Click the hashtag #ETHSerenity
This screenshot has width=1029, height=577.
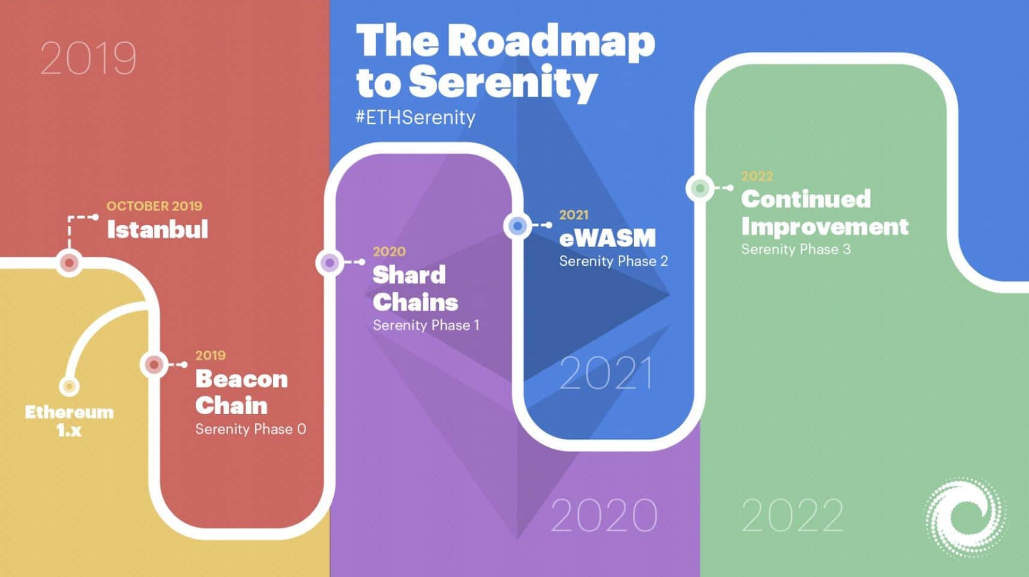point(415,118)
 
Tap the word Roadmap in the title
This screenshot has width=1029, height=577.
point(552,42)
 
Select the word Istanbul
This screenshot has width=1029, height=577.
point(157,229)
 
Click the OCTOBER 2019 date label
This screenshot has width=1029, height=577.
point(154,206)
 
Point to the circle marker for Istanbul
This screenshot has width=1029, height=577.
point(70,263)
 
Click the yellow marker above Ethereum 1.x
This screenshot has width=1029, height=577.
point(70,386)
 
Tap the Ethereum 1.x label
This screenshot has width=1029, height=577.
point(70,421)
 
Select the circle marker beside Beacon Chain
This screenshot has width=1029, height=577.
point(154,365)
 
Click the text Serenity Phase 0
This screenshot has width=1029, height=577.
point(251,429)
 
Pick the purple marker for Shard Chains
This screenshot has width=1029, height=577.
point(330,263)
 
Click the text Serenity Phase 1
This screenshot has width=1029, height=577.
point(426,326)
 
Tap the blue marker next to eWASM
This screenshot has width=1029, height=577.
point(518,226)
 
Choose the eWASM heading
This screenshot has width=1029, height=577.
point(608,237)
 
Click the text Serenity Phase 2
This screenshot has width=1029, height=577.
point(614,261)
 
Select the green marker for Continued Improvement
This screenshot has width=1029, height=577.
point(700,188)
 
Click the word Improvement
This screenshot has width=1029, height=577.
point(825,227)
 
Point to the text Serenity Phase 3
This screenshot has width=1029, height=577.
point(795,249)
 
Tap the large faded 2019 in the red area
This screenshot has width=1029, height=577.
point(88,58)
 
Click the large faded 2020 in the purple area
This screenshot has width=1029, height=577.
point(604,515)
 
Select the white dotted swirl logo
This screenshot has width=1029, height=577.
point(965,517)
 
